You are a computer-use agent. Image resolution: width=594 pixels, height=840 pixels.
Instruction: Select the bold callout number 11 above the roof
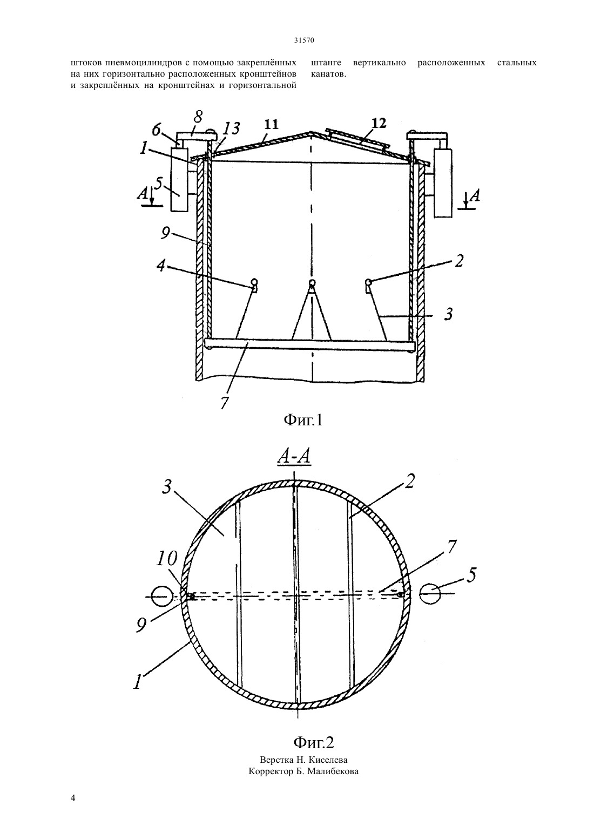click(x=271, y=124)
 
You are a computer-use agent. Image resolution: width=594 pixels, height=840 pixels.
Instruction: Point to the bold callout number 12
click(x=378, y=123)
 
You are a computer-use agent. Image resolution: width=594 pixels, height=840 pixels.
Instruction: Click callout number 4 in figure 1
click(x=161, y=266)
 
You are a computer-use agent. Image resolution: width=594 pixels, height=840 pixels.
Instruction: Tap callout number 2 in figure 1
click(x=458, y=261)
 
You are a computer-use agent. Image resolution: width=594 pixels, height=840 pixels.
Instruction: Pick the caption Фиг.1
click(x=303, y=420)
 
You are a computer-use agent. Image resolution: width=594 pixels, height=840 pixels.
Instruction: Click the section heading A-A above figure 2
click(x=294, y=457)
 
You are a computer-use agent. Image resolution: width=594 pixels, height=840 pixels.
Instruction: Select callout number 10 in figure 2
click(x=166, y=559)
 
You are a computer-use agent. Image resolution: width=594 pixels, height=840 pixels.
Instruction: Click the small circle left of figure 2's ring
click(x=161, y=596)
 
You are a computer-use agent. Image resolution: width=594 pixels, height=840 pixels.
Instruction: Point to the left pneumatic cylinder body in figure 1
click(x=180, y=179)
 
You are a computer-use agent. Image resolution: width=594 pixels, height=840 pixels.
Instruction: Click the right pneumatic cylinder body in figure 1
click(x=443, y=182)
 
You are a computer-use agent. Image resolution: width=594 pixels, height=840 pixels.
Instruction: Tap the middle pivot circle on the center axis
click(x=312, y=283)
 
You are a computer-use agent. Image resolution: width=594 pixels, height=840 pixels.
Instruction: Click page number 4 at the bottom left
click(x=73, y=809)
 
